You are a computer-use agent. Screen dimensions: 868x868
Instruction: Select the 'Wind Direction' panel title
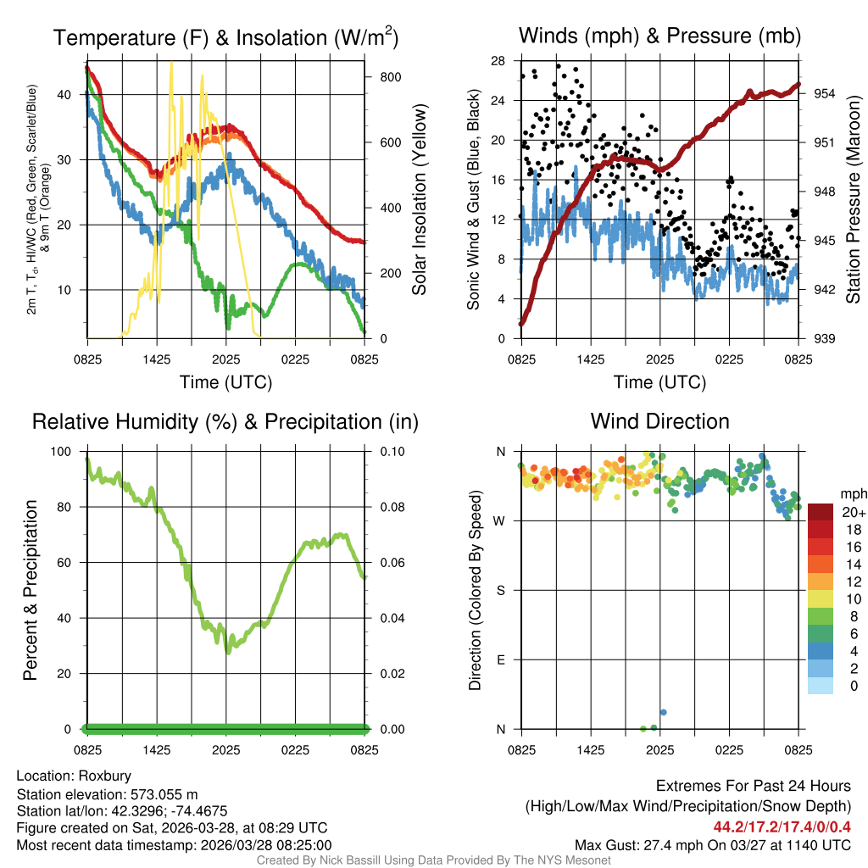659,420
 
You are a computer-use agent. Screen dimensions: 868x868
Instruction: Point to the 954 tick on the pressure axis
825,93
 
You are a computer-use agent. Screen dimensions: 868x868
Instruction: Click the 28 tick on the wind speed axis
499,61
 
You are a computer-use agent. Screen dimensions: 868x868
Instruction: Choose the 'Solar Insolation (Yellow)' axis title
419,200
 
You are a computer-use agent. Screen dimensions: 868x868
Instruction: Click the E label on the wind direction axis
501,659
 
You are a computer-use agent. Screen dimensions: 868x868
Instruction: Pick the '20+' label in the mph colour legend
853,512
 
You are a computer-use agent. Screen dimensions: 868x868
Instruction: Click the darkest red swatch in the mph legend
821,512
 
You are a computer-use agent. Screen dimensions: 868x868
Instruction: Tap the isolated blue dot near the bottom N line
664,712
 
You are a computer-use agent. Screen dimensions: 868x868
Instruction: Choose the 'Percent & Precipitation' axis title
31,590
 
